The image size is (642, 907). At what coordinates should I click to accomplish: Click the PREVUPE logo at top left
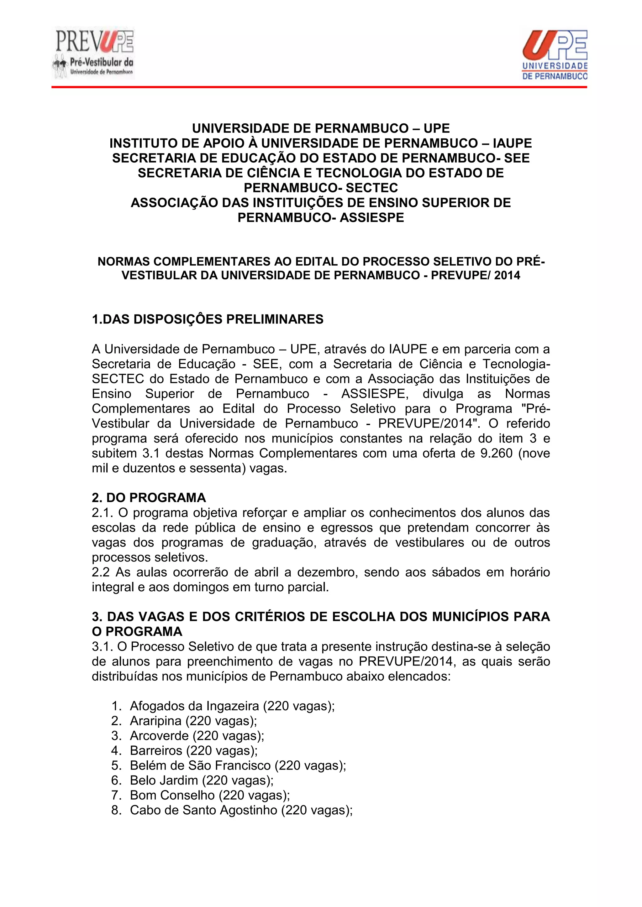pyautogui.click(x=93, y=53)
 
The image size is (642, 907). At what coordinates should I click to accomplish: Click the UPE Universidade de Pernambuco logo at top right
pyautogui.click(x=555, y=54)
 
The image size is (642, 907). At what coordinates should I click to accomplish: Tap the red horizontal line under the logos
pyautogui.click(x=318, y=86)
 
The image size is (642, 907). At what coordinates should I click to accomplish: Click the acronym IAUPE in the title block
pyautogui.click(x=510, y=143)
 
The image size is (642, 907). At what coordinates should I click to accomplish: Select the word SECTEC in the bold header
pyautogui.click(x=372, y=188)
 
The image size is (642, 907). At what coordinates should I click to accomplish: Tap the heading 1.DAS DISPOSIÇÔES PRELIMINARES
pyautogui.click(x=208, y=319)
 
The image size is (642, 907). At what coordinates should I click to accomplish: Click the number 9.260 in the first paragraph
pyautogui.click(x=497, y=453)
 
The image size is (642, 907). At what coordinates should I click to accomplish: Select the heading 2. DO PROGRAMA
pyautogui.click(x=149, y=498)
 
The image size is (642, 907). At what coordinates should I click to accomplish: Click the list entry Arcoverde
pyautogui.click(x=159, y=736)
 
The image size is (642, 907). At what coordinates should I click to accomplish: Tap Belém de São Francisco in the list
pyautogui.click(x=200, y=765)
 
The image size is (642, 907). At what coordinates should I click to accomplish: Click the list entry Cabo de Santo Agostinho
pyautogui.click(x=203, y=810)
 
